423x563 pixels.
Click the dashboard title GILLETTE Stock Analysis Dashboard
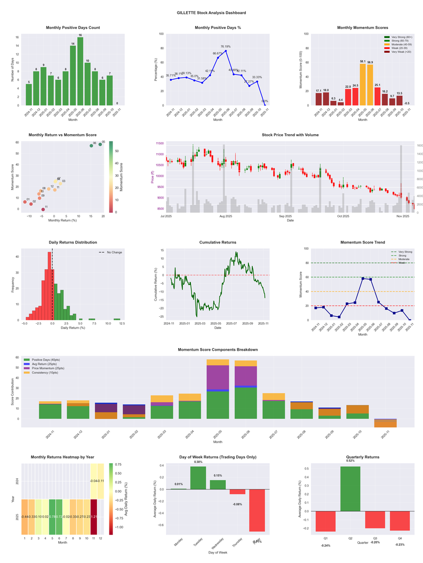212,13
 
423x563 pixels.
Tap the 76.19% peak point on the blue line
226,51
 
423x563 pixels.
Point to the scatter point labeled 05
100,144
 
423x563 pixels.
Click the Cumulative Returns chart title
218,242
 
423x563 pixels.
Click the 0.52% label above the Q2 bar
350,461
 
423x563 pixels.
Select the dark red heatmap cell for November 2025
94,517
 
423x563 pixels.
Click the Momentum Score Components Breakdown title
218,350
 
